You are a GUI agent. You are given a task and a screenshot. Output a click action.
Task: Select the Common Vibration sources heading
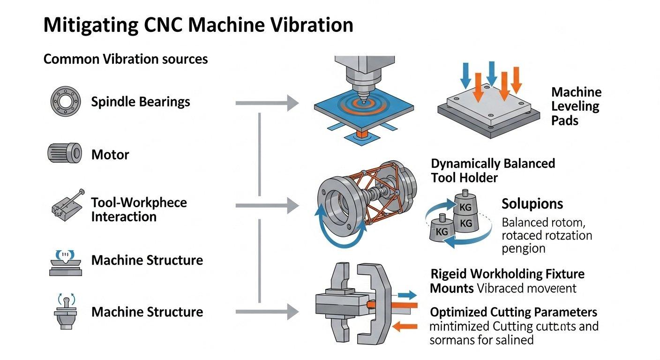click(125, 60)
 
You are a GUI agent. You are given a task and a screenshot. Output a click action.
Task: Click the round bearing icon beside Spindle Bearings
click(65, 101)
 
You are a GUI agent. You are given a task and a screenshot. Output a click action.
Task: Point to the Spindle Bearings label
click(141, 102)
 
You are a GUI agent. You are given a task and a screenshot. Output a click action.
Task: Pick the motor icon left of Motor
click(65, 153)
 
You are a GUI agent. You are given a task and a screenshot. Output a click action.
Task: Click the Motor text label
click(110, 155)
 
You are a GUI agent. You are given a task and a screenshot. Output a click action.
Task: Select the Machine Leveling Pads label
click(576, 106)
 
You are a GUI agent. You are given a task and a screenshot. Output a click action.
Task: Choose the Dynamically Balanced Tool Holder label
click(492, 170)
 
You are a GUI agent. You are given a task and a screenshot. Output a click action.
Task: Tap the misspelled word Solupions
click(532, 204)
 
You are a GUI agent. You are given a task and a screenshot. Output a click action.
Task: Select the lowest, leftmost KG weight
click(442, 228)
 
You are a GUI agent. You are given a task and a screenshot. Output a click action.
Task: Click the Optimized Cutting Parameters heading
click(513, 312)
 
